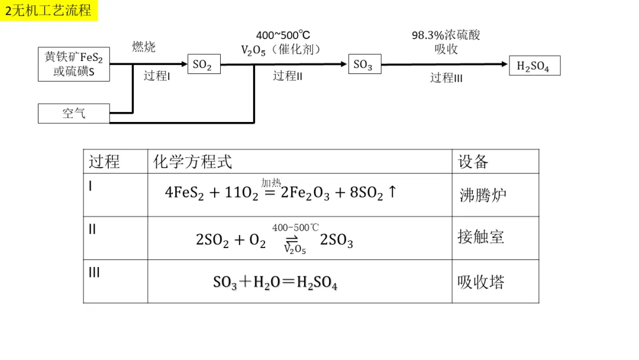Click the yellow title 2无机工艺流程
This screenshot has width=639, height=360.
coord(49,10)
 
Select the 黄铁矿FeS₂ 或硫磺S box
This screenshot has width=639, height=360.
coord(73,64)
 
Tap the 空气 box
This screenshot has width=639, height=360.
coord(73,113)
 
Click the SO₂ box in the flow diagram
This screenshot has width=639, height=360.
coord(203,65)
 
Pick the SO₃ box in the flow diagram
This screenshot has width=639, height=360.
coord(363,65)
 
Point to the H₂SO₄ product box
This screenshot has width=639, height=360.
coord(534,66)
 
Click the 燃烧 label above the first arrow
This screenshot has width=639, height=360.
coord(144,47)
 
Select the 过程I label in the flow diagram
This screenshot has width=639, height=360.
coord(157,76)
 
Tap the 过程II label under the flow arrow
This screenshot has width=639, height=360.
coord(288,76)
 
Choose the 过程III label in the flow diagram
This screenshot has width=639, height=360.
coord(446,78)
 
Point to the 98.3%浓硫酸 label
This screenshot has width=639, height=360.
coord(446,35)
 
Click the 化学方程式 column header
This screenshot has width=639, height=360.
coord(192,161)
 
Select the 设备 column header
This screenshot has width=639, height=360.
coord(473,161)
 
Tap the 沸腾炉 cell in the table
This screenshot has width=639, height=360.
coord(483,195)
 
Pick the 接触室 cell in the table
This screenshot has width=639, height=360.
coord(480,237)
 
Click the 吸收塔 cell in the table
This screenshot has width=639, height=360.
coord(480,282)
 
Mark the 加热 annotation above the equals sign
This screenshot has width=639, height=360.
coord(271,182)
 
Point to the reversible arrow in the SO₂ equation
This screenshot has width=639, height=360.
coord(292,240)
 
